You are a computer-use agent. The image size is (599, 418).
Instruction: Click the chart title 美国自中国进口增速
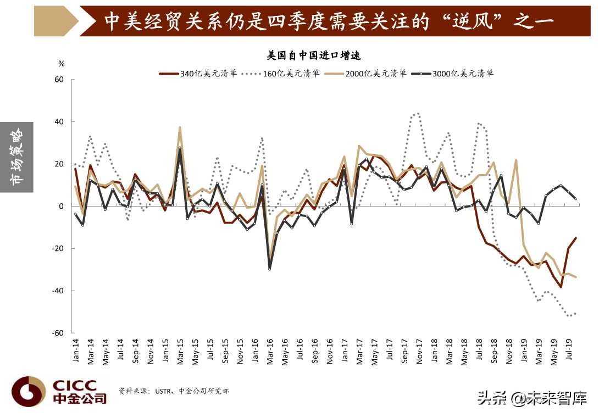pos(313,55)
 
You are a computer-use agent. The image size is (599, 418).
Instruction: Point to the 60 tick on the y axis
pos(59,80)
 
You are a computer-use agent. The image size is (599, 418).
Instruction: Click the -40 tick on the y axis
pos(57,291)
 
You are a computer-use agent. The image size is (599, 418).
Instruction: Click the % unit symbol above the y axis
pos(61,64)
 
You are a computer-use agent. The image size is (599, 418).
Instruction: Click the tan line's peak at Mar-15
pos(180,127)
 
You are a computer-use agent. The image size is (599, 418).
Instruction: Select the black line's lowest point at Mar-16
pos(270,269)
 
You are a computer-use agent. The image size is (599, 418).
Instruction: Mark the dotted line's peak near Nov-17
pos(418,114)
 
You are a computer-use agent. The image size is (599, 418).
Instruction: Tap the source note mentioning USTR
pos(174,391)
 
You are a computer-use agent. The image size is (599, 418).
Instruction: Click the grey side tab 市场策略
pos(17,157)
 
